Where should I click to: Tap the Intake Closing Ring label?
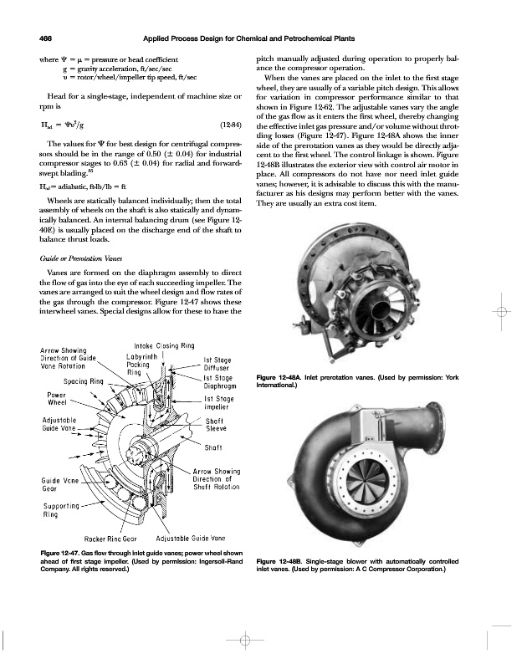coord(164,345)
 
